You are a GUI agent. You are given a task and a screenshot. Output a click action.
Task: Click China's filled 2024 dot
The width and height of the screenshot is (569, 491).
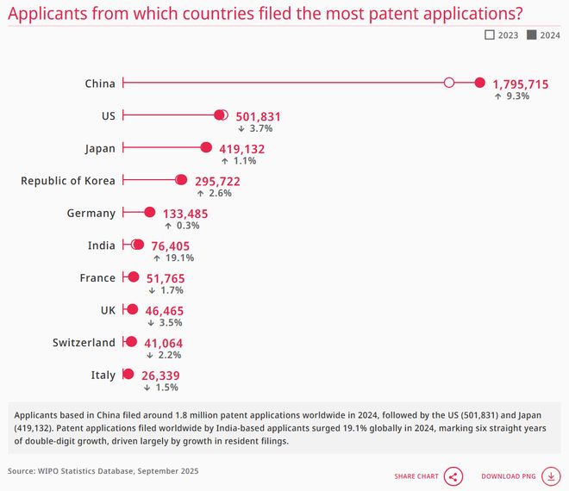click(480, 83)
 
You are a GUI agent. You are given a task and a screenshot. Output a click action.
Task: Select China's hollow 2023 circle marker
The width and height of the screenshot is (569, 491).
click(448, 83)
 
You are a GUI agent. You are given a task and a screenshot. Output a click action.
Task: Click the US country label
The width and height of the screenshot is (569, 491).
click(108, 115)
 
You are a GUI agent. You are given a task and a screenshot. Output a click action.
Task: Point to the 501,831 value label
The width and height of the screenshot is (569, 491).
click(258, 117)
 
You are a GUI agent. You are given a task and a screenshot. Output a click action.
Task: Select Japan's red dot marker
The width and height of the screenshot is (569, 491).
click(206, 148)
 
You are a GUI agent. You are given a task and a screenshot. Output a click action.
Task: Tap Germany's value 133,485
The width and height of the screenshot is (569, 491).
click(184, 214)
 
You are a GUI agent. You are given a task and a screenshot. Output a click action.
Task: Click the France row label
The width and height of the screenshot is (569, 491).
click(97, 277)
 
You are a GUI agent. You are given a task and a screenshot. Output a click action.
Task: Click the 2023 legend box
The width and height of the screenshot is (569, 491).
click(490, 35)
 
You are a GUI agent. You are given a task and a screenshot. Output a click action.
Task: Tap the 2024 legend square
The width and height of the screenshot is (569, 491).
click(531, 35)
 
